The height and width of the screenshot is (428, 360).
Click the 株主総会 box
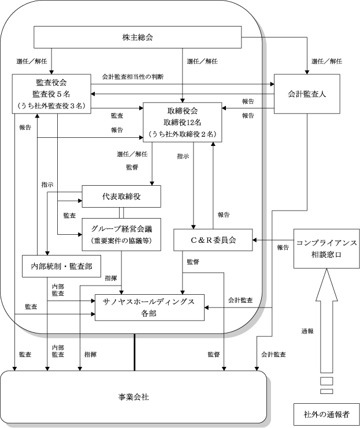click(x=138, y=37)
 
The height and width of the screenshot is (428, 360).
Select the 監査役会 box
click(x=51, y=93)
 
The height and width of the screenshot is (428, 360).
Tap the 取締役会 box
click(x=183, y=122)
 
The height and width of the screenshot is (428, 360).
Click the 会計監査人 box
click(x=307, y=94)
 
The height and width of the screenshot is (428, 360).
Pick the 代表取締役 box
click(x=121, y=196)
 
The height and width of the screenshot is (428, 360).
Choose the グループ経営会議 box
click(x=121, y=234)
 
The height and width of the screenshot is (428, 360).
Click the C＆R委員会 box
click(x=213, y=240)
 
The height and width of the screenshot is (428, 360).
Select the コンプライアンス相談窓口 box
click(x=326, y=249)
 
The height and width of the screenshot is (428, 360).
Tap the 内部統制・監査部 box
click(x=61, y=266)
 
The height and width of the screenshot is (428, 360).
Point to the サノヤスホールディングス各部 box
click(x=150, y=307)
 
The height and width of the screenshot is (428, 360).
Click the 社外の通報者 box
click(x=326, y=414)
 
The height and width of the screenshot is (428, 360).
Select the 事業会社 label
click(x=133, y=397)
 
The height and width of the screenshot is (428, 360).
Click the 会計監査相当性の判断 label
click(x=133, y=77)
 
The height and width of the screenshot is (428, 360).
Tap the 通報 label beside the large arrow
click(x=307, y=331)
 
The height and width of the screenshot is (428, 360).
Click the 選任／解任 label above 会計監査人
click(x=326, y=61)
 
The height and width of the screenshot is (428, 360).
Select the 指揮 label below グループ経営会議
click(x=111, y=278)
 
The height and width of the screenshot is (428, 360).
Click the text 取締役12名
click(x=183, y=122)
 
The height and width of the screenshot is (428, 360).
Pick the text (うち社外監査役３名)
click(x=51, y=106)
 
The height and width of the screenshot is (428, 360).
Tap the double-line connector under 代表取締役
click(x=121, y=213)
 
